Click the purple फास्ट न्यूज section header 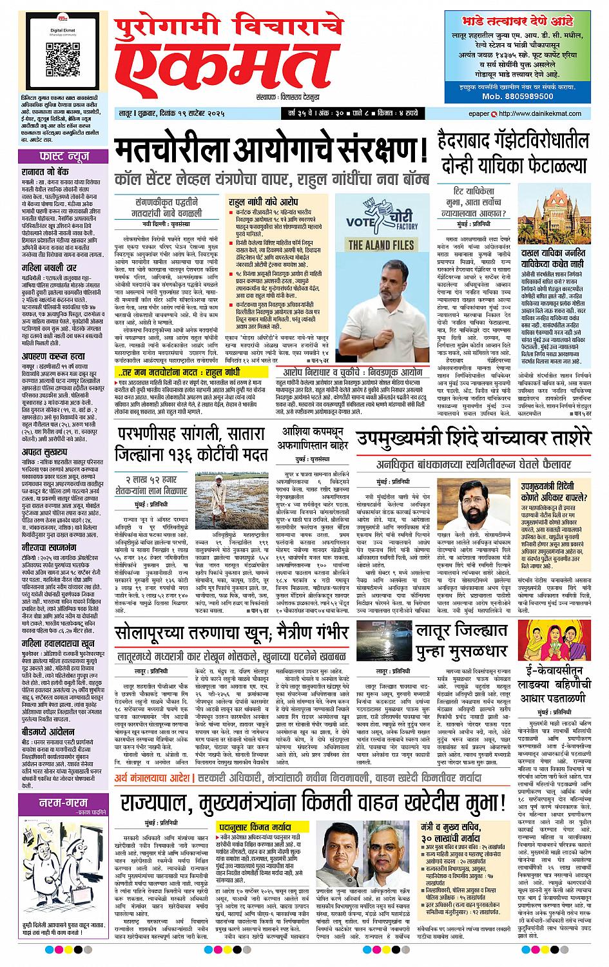(x=55, y=156)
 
